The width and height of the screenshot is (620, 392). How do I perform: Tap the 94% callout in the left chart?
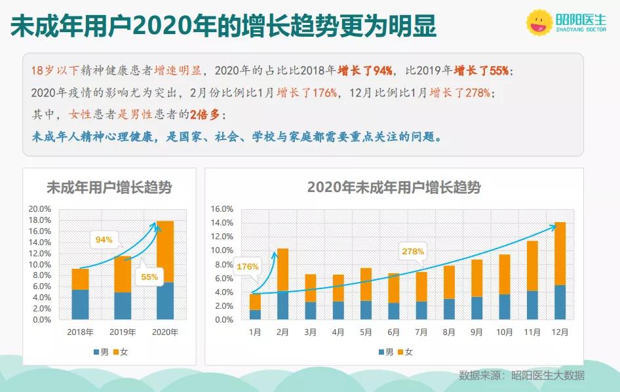point(104,240)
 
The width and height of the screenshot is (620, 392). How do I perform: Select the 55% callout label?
point(149,277)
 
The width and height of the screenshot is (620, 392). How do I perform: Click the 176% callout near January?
point(246,266)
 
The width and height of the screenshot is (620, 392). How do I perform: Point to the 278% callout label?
point(413,251)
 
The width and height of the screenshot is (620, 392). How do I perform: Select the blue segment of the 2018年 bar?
point(80,305)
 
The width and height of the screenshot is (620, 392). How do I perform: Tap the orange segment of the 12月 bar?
point(560,254)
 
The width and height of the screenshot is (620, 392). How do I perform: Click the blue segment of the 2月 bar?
point(282,305)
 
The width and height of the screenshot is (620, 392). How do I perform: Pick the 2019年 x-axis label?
point(123,332)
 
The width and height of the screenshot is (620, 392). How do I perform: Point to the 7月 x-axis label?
point(421,332)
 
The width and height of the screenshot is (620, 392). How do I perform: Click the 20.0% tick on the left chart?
point(39,209)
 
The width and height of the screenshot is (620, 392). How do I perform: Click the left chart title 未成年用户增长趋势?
point(109,188)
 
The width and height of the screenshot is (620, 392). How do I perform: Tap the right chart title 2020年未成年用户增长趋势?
point(394,188)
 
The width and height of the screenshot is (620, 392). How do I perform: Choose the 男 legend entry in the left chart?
point(100,352)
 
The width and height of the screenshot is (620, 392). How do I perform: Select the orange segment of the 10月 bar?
point(504,274)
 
